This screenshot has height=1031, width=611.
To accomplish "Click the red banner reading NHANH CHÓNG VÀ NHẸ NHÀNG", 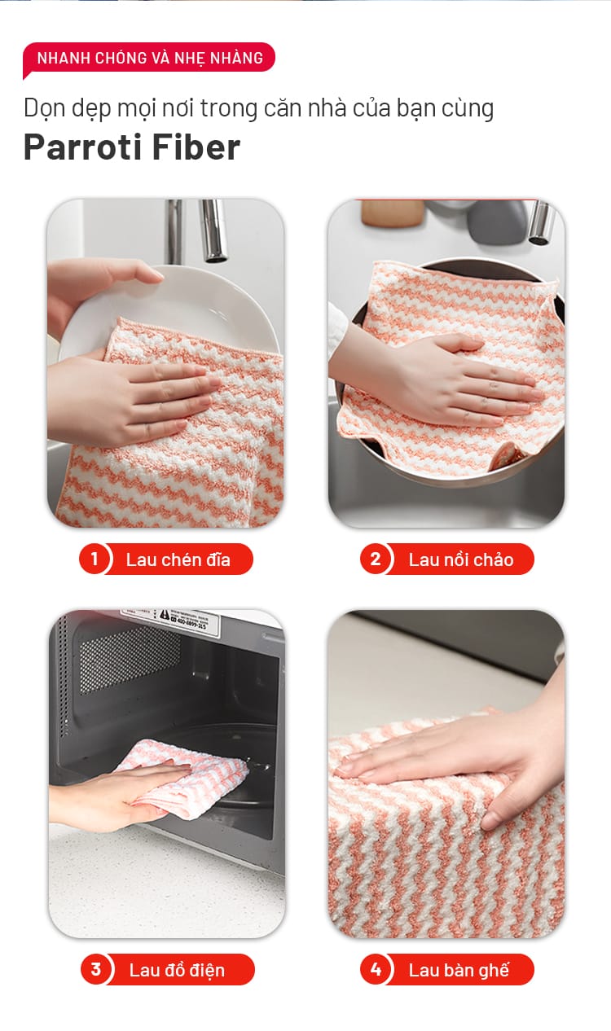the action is [x=149, y=58].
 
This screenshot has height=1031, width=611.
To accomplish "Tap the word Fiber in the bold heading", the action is [x=196, y=147].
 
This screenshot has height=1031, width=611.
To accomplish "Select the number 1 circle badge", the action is [x=95, y=559].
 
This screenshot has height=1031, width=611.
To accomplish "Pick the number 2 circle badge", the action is [x=376, y=559].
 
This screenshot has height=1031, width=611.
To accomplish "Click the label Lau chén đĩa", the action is [x=178, y=559].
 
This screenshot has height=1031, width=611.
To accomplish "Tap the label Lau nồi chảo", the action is [x=461, y=559].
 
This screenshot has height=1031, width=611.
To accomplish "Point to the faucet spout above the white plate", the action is [x=214, y=230].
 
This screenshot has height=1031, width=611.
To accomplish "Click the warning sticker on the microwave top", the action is [x=184, y=619].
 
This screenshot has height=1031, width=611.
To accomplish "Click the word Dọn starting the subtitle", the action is [x=44, y=109].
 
